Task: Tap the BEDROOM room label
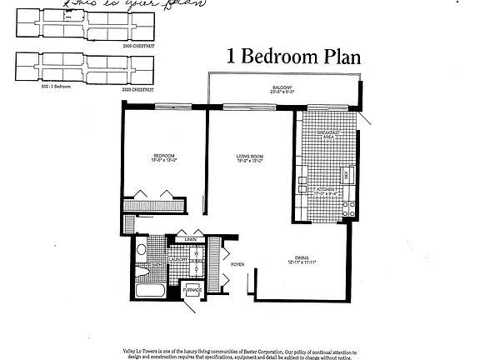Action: pyautogui.click(x=163, y=156)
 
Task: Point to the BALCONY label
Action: pyautogui.click(x=280, y=87)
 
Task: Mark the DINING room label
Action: pyautogui.click(x=301, y=257)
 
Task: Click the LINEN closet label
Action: pyautogui.click(x=191, y=241)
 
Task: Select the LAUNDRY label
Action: pyautogui.click(x=177, y=259)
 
